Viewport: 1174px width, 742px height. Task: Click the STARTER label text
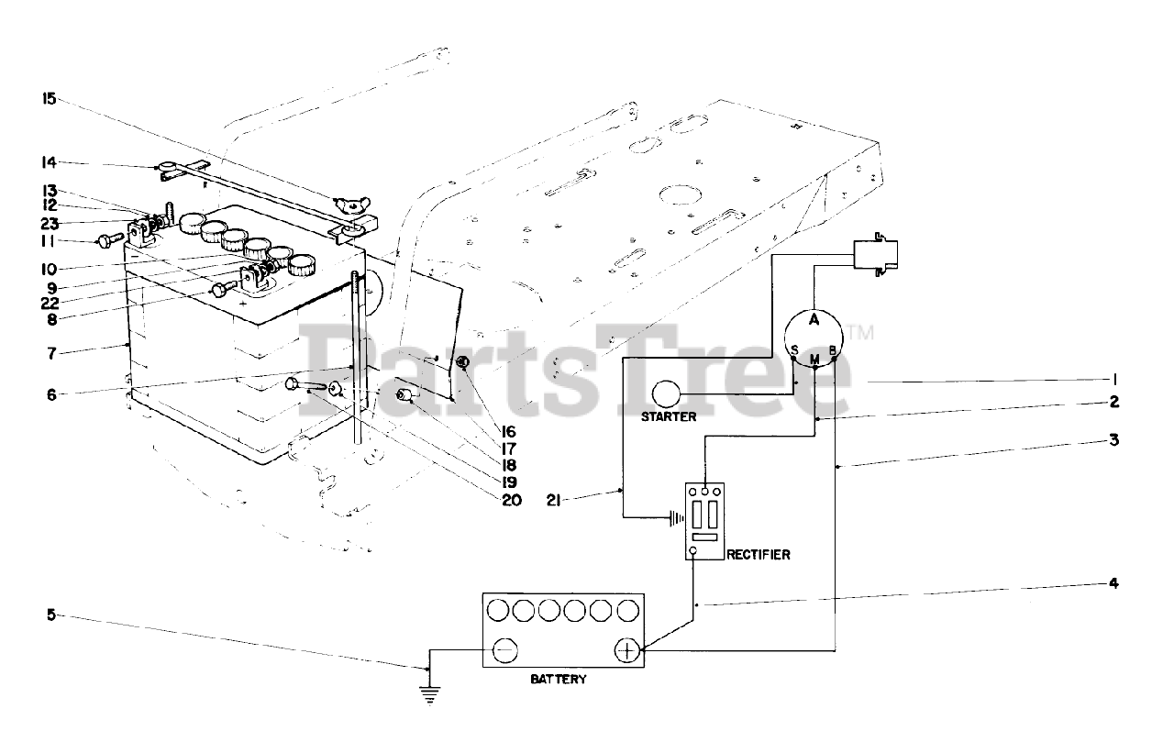click(670, 416)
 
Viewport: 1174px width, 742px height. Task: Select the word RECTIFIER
click(758, 554)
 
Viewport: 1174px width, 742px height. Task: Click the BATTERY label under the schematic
click(559, 680)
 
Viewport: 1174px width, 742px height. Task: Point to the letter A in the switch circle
click(814, 319)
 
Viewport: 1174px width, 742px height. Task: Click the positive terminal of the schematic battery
click(627, 650)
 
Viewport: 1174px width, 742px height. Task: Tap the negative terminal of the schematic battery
click(504, 650)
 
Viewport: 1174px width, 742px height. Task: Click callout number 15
click(49, 96)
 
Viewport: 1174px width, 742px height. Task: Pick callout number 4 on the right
click(1113, 582)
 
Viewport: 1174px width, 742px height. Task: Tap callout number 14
click(49, 162)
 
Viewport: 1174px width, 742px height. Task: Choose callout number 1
click(1113, 379)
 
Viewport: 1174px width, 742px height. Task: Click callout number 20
click(511, 500)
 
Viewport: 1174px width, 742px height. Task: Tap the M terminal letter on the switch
click(814, 357)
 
